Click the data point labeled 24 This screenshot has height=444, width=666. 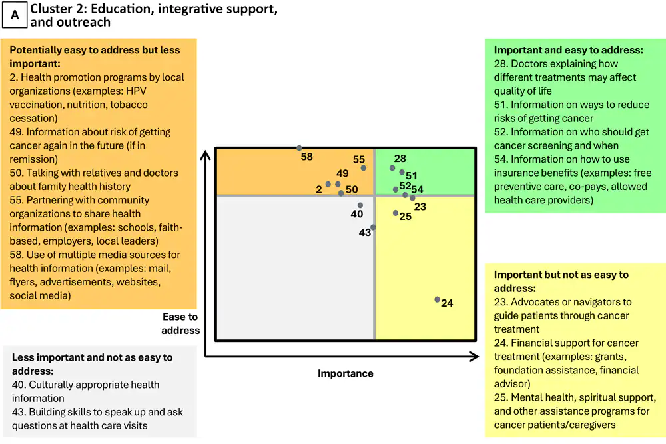tap(438, 300)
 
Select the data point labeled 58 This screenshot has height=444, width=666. tap(299, 148)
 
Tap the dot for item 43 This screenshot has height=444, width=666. tap(373, 227)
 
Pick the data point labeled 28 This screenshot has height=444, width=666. tap(392, 168)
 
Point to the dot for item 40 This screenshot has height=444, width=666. tap(360, 205)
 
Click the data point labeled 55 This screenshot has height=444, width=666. tap(364, 168)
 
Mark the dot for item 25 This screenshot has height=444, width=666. tap(396, 213)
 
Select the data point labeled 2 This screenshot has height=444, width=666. tap(328, 185)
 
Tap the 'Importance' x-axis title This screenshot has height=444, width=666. tap(345, 373)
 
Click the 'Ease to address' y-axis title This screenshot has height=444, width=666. tap(180, 323)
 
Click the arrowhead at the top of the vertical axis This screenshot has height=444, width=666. tap(206, 155)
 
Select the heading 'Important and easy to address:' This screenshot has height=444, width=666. tap(568, 50)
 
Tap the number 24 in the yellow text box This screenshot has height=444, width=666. tap(501, 343)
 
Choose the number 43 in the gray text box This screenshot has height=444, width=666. tap(19, 412)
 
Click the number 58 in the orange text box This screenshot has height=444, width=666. tap(16, 255)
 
